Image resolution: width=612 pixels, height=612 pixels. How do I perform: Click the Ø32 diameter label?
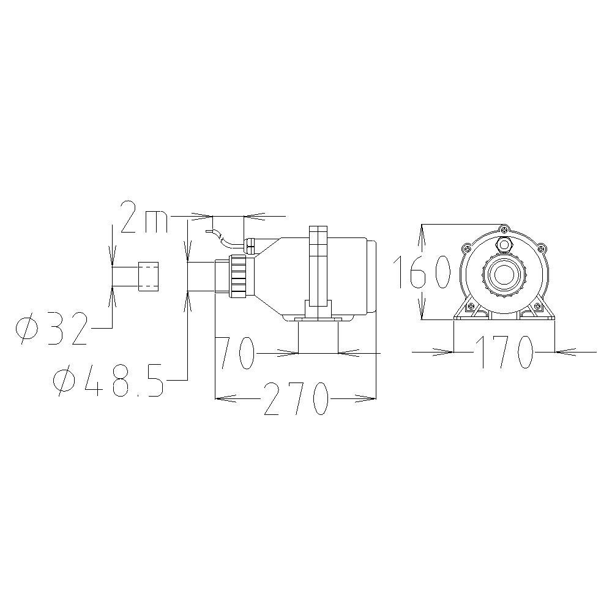click(51, 328)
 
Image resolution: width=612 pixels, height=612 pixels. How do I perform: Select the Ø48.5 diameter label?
click(108, 380)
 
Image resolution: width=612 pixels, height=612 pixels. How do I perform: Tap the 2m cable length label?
click(144, 217)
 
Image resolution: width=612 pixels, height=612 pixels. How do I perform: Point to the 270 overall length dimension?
click(295, 398)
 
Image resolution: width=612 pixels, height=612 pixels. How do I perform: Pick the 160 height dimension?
click(422, 272)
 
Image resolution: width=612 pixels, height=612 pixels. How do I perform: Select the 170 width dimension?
click(504, 352)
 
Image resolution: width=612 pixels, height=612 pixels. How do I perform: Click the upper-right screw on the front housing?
click(542, 248)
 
